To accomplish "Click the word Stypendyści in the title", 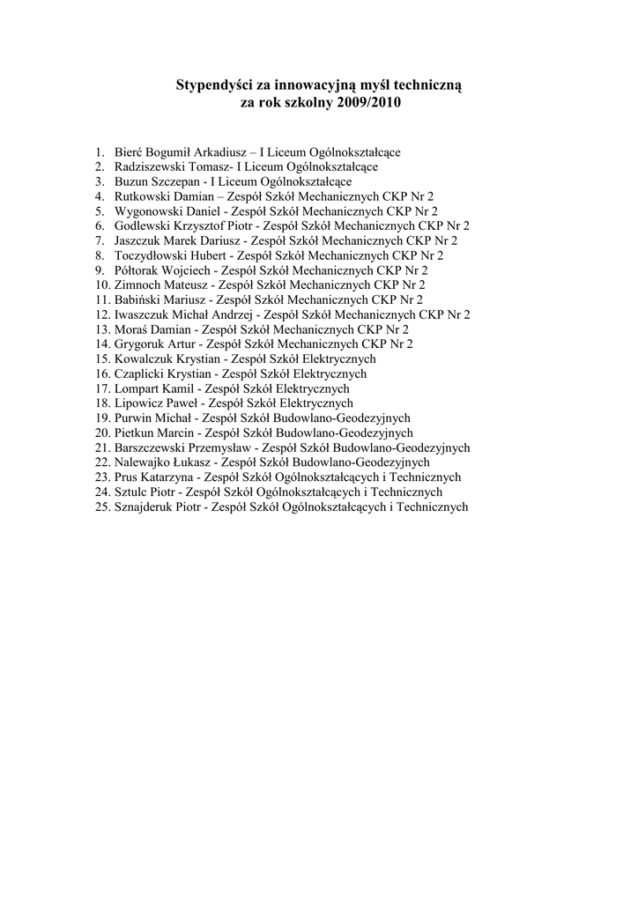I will click(x=214, y=85).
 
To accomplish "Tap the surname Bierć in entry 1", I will click(x=129, y=152).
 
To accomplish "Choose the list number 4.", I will click(x=101, y=195).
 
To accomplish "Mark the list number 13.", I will click(x=101, y=329).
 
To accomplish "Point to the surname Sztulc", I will click(x=131, y=492).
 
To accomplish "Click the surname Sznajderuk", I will click(x=144, y=506).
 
